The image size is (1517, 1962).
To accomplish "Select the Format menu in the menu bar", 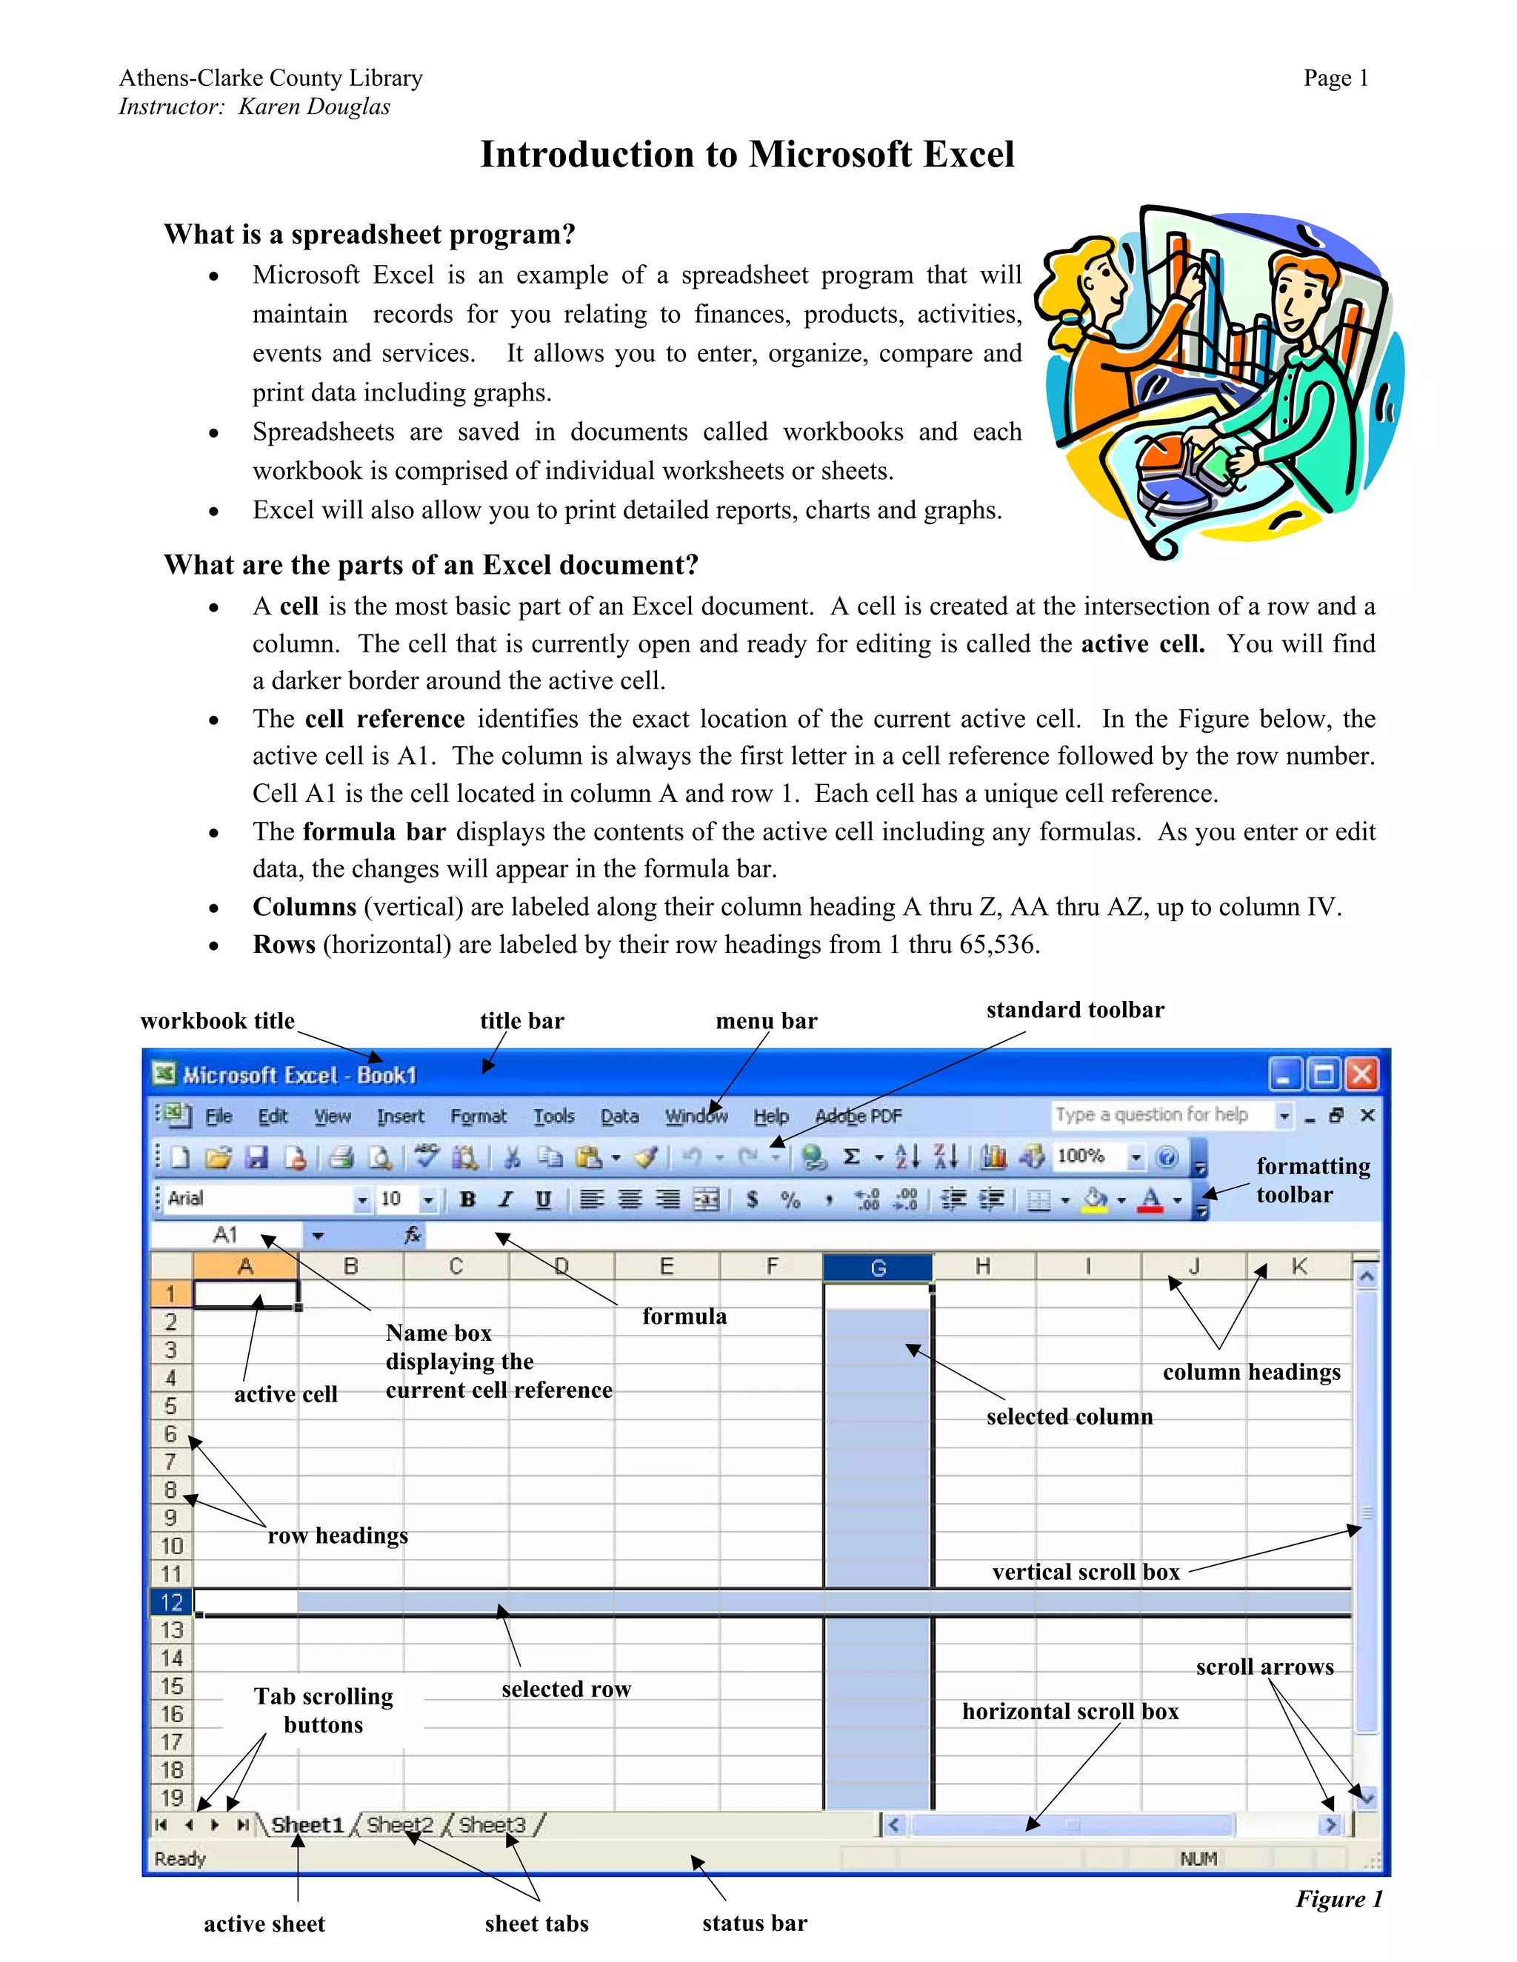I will pyautogui.click(x=478, y=1116).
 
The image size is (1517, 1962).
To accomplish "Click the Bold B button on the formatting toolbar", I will pyautogui.click(x=467, y=1199).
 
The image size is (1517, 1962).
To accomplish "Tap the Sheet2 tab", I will pyautogui.click(x=399, y=1824).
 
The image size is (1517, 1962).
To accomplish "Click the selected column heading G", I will pyautogui.click(x=878, y=1268).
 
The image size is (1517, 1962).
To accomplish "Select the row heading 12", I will pyautogui.click(x=171, y=1601).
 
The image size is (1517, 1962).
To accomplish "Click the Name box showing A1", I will pyautogui.click(x=227, y=1235).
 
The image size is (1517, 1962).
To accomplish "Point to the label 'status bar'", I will pyautogui.click(x=754, y=1924).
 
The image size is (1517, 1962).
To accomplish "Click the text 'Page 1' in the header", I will pyautogui.click(x=1336, y=78).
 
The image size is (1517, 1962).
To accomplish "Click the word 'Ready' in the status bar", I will pyautogui.click(x=180, y=1858).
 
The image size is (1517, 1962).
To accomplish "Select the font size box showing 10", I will pyautogui.click(x=393, y=1199).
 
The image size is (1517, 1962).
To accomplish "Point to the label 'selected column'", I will pyautogui.click(x=1069, y=1416).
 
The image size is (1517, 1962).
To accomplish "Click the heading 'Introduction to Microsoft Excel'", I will pyautogui.click(x=747, y=155).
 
